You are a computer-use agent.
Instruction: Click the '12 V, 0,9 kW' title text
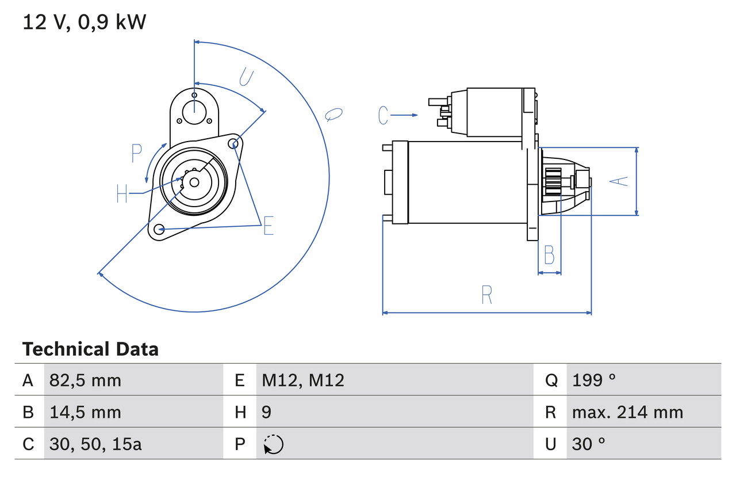click(x=85, y=22)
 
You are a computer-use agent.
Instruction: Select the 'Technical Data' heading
click(x=90, y=349)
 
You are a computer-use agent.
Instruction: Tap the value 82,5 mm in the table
click(x=85, y=380)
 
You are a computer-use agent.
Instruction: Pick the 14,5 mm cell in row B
click(x=85, y=412)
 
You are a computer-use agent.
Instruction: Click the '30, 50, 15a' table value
click(x=95, y=444)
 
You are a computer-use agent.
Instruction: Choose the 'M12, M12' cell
click(x=303, y=380)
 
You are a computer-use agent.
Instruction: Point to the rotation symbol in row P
click(x=273, y=444)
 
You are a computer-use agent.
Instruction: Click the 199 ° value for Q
click(x=593, y=380)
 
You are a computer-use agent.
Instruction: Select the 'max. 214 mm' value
click(x=627, y=412)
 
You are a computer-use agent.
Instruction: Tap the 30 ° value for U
click(x=589, y=444)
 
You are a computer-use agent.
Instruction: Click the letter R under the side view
click(x=486, y=295)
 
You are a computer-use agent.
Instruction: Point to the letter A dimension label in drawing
click(x=619, y=181)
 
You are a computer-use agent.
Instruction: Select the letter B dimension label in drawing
click(x=549, y=254)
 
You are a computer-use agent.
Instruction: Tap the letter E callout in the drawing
click(x=268, y=226)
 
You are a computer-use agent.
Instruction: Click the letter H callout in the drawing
click(x=122, y=193)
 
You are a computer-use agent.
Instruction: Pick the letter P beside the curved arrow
click(x=136, y=154)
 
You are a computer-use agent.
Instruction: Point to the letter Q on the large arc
click(x=333, y=114)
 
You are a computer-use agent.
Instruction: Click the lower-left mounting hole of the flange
click(x=160, y=229)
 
